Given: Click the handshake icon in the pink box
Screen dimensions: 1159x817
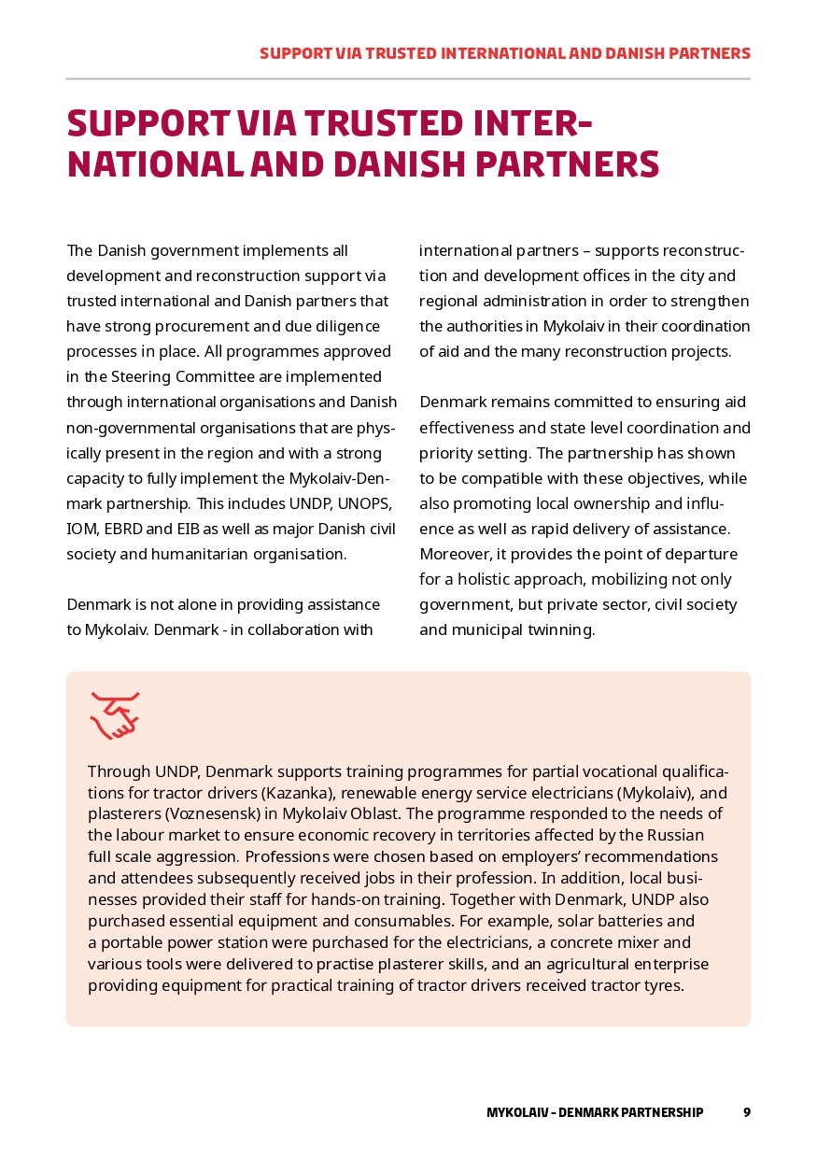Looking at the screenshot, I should click(114, 715).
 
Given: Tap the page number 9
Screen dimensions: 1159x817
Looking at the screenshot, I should click(746, 1112).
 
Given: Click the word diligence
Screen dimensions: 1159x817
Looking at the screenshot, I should click(345, 327).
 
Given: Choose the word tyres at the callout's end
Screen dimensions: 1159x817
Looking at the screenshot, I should click(663, 984).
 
